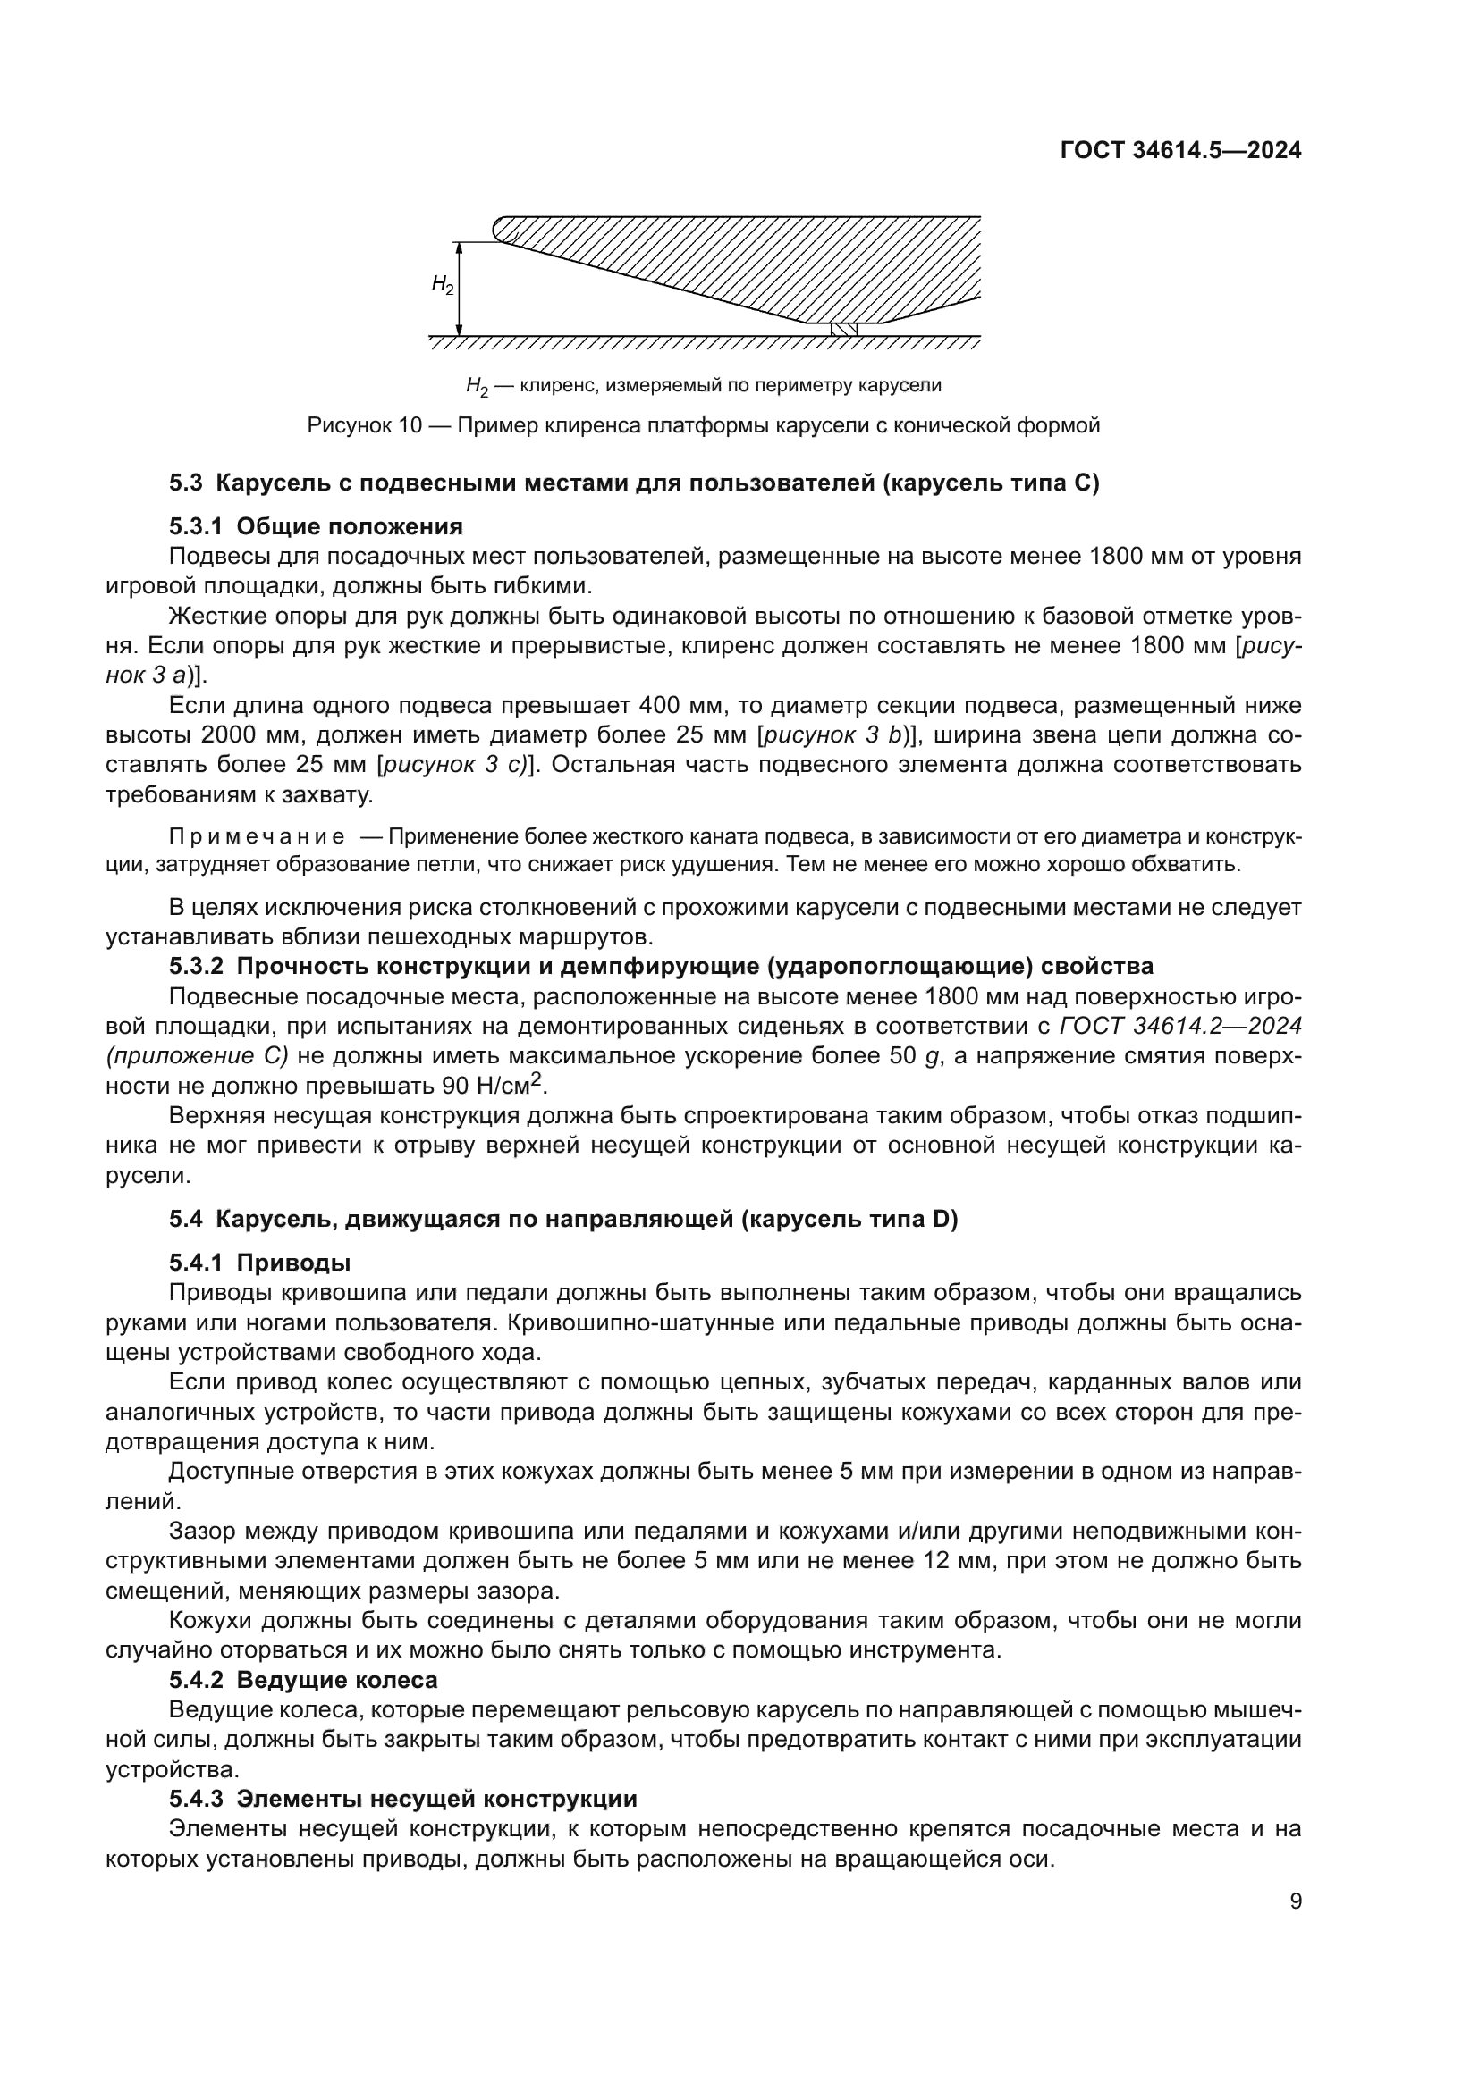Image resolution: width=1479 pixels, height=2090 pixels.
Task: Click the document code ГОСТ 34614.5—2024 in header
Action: tap(1180, 151)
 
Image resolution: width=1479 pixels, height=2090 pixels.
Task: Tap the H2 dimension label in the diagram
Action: tap(442, 285)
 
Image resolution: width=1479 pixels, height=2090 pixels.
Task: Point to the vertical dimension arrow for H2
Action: tap(460, 290)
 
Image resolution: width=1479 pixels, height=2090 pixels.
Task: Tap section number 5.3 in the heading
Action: tap(186, 483)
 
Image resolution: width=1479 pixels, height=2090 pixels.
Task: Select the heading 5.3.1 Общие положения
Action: tap(315, 526)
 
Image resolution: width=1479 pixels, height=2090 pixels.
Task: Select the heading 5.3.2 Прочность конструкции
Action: tap(660, 965)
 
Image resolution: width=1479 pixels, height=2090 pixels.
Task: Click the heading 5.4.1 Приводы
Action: tap(259, 1263)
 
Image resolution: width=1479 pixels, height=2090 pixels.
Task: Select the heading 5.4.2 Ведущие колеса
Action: tap(302, 1680)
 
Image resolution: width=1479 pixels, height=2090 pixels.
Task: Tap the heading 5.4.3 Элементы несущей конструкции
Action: tap(402, 1799)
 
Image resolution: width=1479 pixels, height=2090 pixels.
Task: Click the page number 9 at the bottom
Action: tap(1295, 1901)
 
